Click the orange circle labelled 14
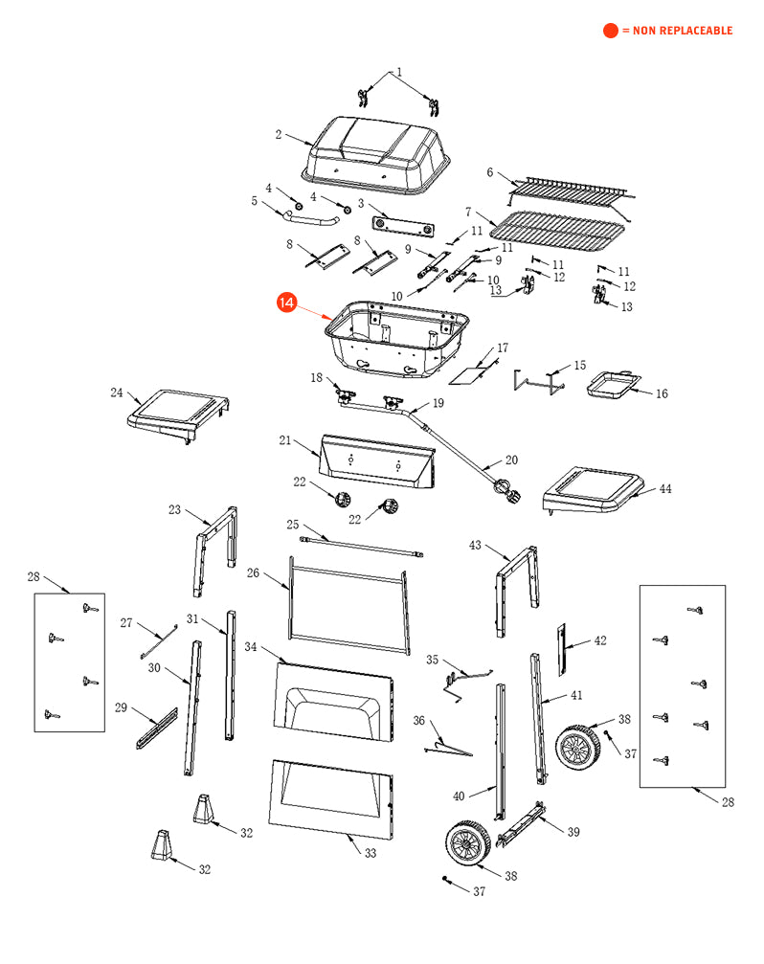click(x=286, y=303)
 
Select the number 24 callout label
click(x=117, y=392)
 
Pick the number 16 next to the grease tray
click(x=662, y=392)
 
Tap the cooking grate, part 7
click(x=556, y=228)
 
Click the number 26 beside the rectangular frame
click(x=254, y=573)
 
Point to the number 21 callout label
click(x=284, y=440)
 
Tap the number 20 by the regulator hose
click(x=511, y=460)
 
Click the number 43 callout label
click(x=475, y=545)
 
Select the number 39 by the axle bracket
click(x=573, y=832)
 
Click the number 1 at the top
click(x=399, y=72)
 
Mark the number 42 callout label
click(x=600, y=640)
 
